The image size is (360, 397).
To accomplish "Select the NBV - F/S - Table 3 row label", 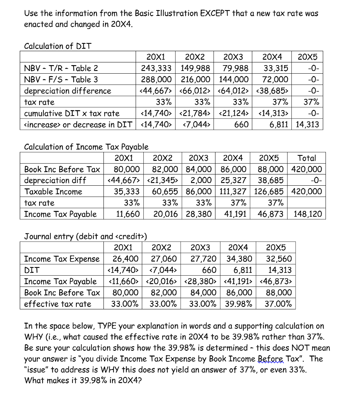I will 61,80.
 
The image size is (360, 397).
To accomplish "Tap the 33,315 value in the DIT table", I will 276,69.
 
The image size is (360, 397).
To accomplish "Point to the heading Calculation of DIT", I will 58,47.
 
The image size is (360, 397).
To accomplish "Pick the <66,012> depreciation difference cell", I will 196,91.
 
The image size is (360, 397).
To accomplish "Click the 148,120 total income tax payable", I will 308,214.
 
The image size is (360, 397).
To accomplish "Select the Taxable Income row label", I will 53,192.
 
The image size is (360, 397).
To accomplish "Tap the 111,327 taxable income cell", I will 234,192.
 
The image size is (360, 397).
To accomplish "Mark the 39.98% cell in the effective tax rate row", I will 238,304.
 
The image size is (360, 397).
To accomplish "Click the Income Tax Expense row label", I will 62,259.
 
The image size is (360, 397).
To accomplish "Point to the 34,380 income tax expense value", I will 238,259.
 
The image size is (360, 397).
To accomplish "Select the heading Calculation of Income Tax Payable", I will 86,147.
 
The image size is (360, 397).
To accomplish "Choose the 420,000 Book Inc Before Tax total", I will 308,169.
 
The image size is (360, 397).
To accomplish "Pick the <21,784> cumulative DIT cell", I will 196,114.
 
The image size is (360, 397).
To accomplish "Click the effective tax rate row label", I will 58,304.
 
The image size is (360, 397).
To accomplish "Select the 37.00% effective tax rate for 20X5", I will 278,304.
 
